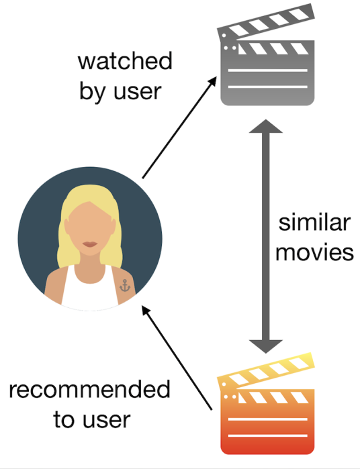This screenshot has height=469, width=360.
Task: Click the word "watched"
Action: pos(125,61)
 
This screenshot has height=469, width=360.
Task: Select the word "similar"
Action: pos(314,223)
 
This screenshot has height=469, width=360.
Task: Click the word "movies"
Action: pos(314,253)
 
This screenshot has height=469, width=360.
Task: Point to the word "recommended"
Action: pos(89,389)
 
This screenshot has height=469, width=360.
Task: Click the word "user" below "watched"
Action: pos(138,92)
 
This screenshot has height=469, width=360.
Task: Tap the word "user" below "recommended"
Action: pos(107,421)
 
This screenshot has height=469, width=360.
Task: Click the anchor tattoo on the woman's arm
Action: pos(125,285)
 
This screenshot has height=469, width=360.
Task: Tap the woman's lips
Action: pos(90,244)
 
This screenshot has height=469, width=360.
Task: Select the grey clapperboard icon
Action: pos(266,54)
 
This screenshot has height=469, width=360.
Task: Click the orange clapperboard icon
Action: pos(266,403)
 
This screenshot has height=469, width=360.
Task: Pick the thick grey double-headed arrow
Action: pos(266,236)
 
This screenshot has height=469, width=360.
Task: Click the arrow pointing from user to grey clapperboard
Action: pos(179,127)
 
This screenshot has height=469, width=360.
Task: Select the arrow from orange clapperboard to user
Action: pos(177,358)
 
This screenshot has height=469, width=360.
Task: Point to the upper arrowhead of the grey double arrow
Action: pos(266,127)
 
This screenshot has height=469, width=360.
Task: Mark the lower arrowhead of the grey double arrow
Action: pos(266,346)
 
